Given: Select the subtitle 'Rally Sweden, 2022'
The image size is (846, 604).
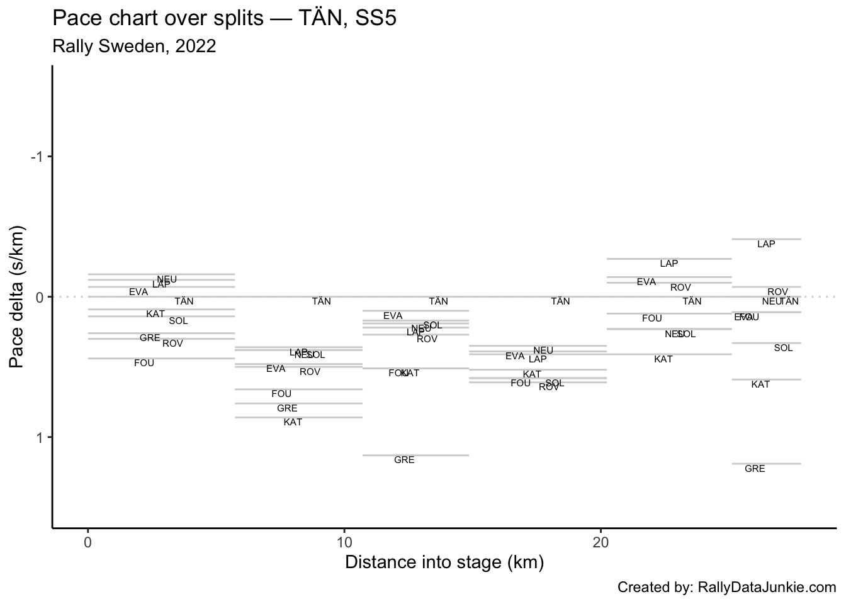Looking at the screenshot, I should [x=135, y=46].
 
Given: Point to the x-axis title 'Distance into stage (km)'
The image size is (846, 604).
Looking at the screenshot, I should [x=444, y=562].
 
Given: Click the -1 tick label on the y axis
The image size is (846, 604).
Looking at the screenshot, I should [x=38, y=157].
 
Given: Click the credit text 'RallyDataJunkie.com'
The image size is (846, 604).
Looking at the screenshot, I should [x=767, y=588].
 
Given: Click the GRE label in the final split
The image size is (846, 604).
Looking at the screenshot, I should [x=755, y=469].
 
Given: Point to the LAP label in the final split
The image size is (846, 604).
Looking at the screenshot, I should [x=766, y=244].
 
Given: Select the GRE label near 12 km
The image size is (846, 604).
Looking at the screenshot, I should [x=404, y=460].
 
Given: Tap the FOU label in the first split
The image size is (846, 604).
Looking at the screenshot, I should [x=144, y=363].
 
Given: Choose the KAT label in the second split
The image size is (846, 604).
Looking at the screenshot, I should [x=293, y=422].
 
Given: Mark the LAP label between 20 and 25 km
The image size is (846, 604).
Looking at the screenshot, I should [x=669, y=264].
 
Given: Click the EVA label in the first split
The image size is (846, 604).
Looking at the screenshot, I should [x=138, y=292].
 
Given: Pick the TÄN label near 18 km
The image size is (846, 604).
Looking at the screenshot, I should [x=560, y=301].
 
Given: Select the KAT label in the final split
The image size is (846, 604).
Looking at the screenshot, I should [x=760, y=384].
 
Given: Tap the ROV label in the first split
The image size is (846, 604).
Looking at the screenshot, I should [x=172, y=344].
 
